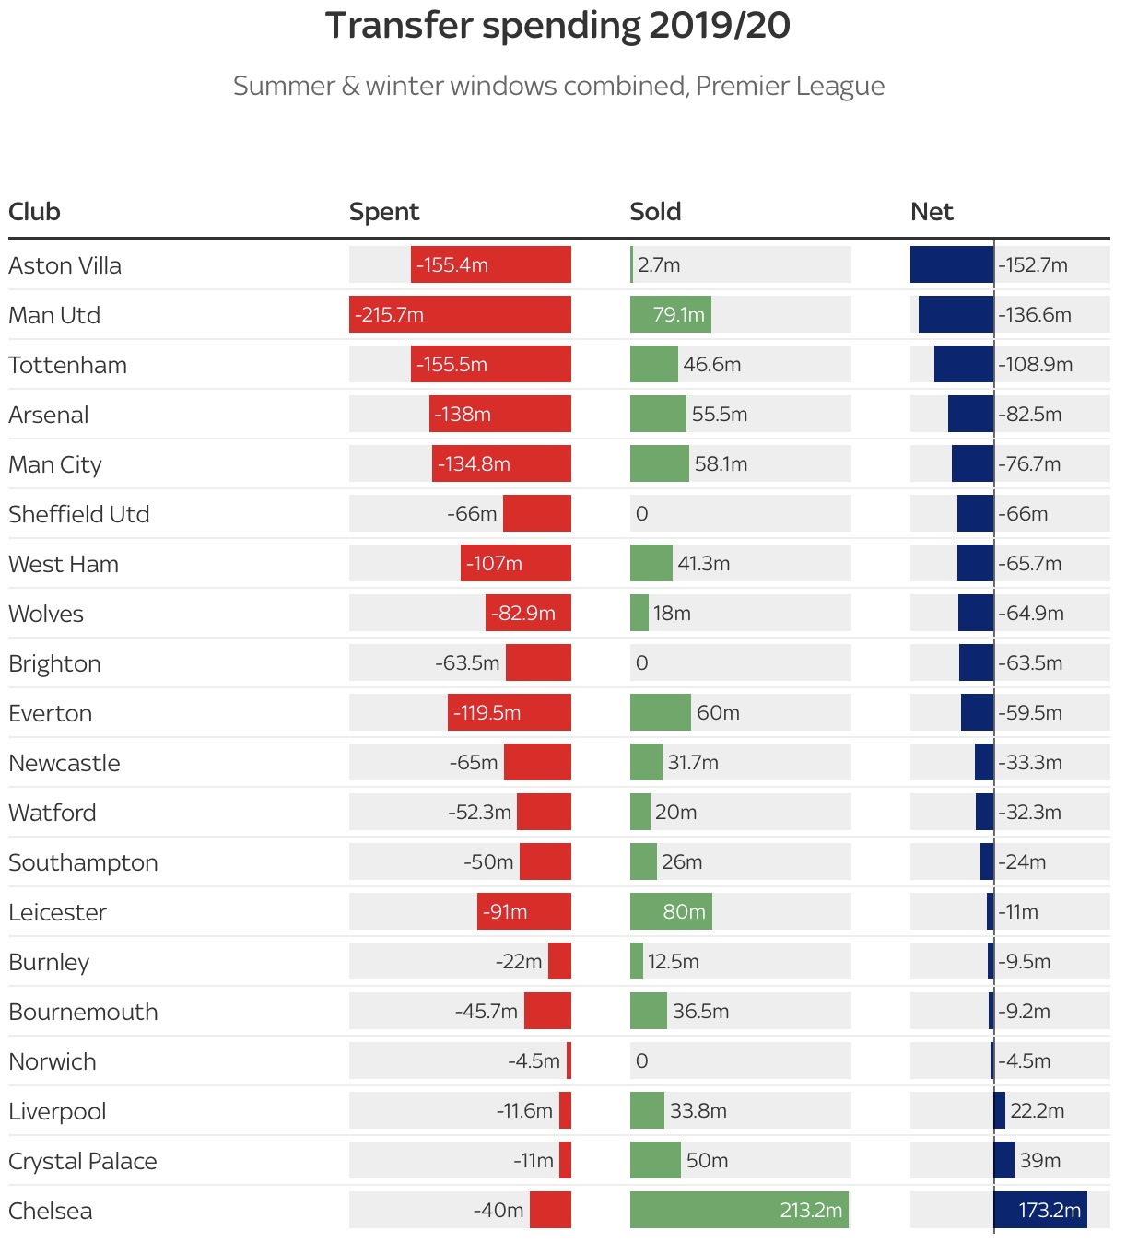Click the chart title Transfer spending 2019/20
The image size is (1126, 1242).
[557, 26]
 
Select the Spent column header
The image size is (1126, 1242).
[383, 212]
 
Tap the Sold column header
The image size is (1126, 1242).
[655, 212]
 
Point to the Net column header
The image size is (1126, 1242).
[932, 212]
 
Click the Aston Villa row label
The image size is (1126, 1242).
[65, 265]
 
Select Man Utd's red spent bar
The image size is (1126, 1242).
[460, 314]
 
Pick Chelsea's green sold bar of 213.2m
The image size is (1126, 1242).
[739, 1210]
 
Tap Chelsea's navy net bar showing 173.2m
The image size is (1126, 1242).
[1040, 1210]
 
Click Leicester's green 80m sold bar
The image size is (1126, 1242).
[671, 911]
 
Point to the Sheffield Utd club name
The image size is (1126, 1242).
[78, 514]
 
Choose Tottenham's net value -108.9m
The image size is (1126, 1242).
[1036, 364]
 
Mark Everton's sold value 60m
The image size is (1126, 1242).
[718, 712]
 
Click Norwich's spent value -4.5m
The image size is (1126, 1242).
[534, 1060]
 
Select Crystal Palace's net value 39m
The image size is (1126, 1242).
[1039, 1160]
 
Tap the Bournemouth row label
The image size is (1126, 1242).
[83, 1012]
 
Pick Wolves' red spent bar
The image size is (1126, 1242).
[528, 613]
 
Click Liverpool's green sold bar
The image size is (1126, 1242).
[647, 1110]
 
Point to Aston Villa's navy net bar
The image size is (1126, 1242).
[952, 264]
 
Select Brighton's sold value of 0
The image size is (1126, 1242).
[641, 662]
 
